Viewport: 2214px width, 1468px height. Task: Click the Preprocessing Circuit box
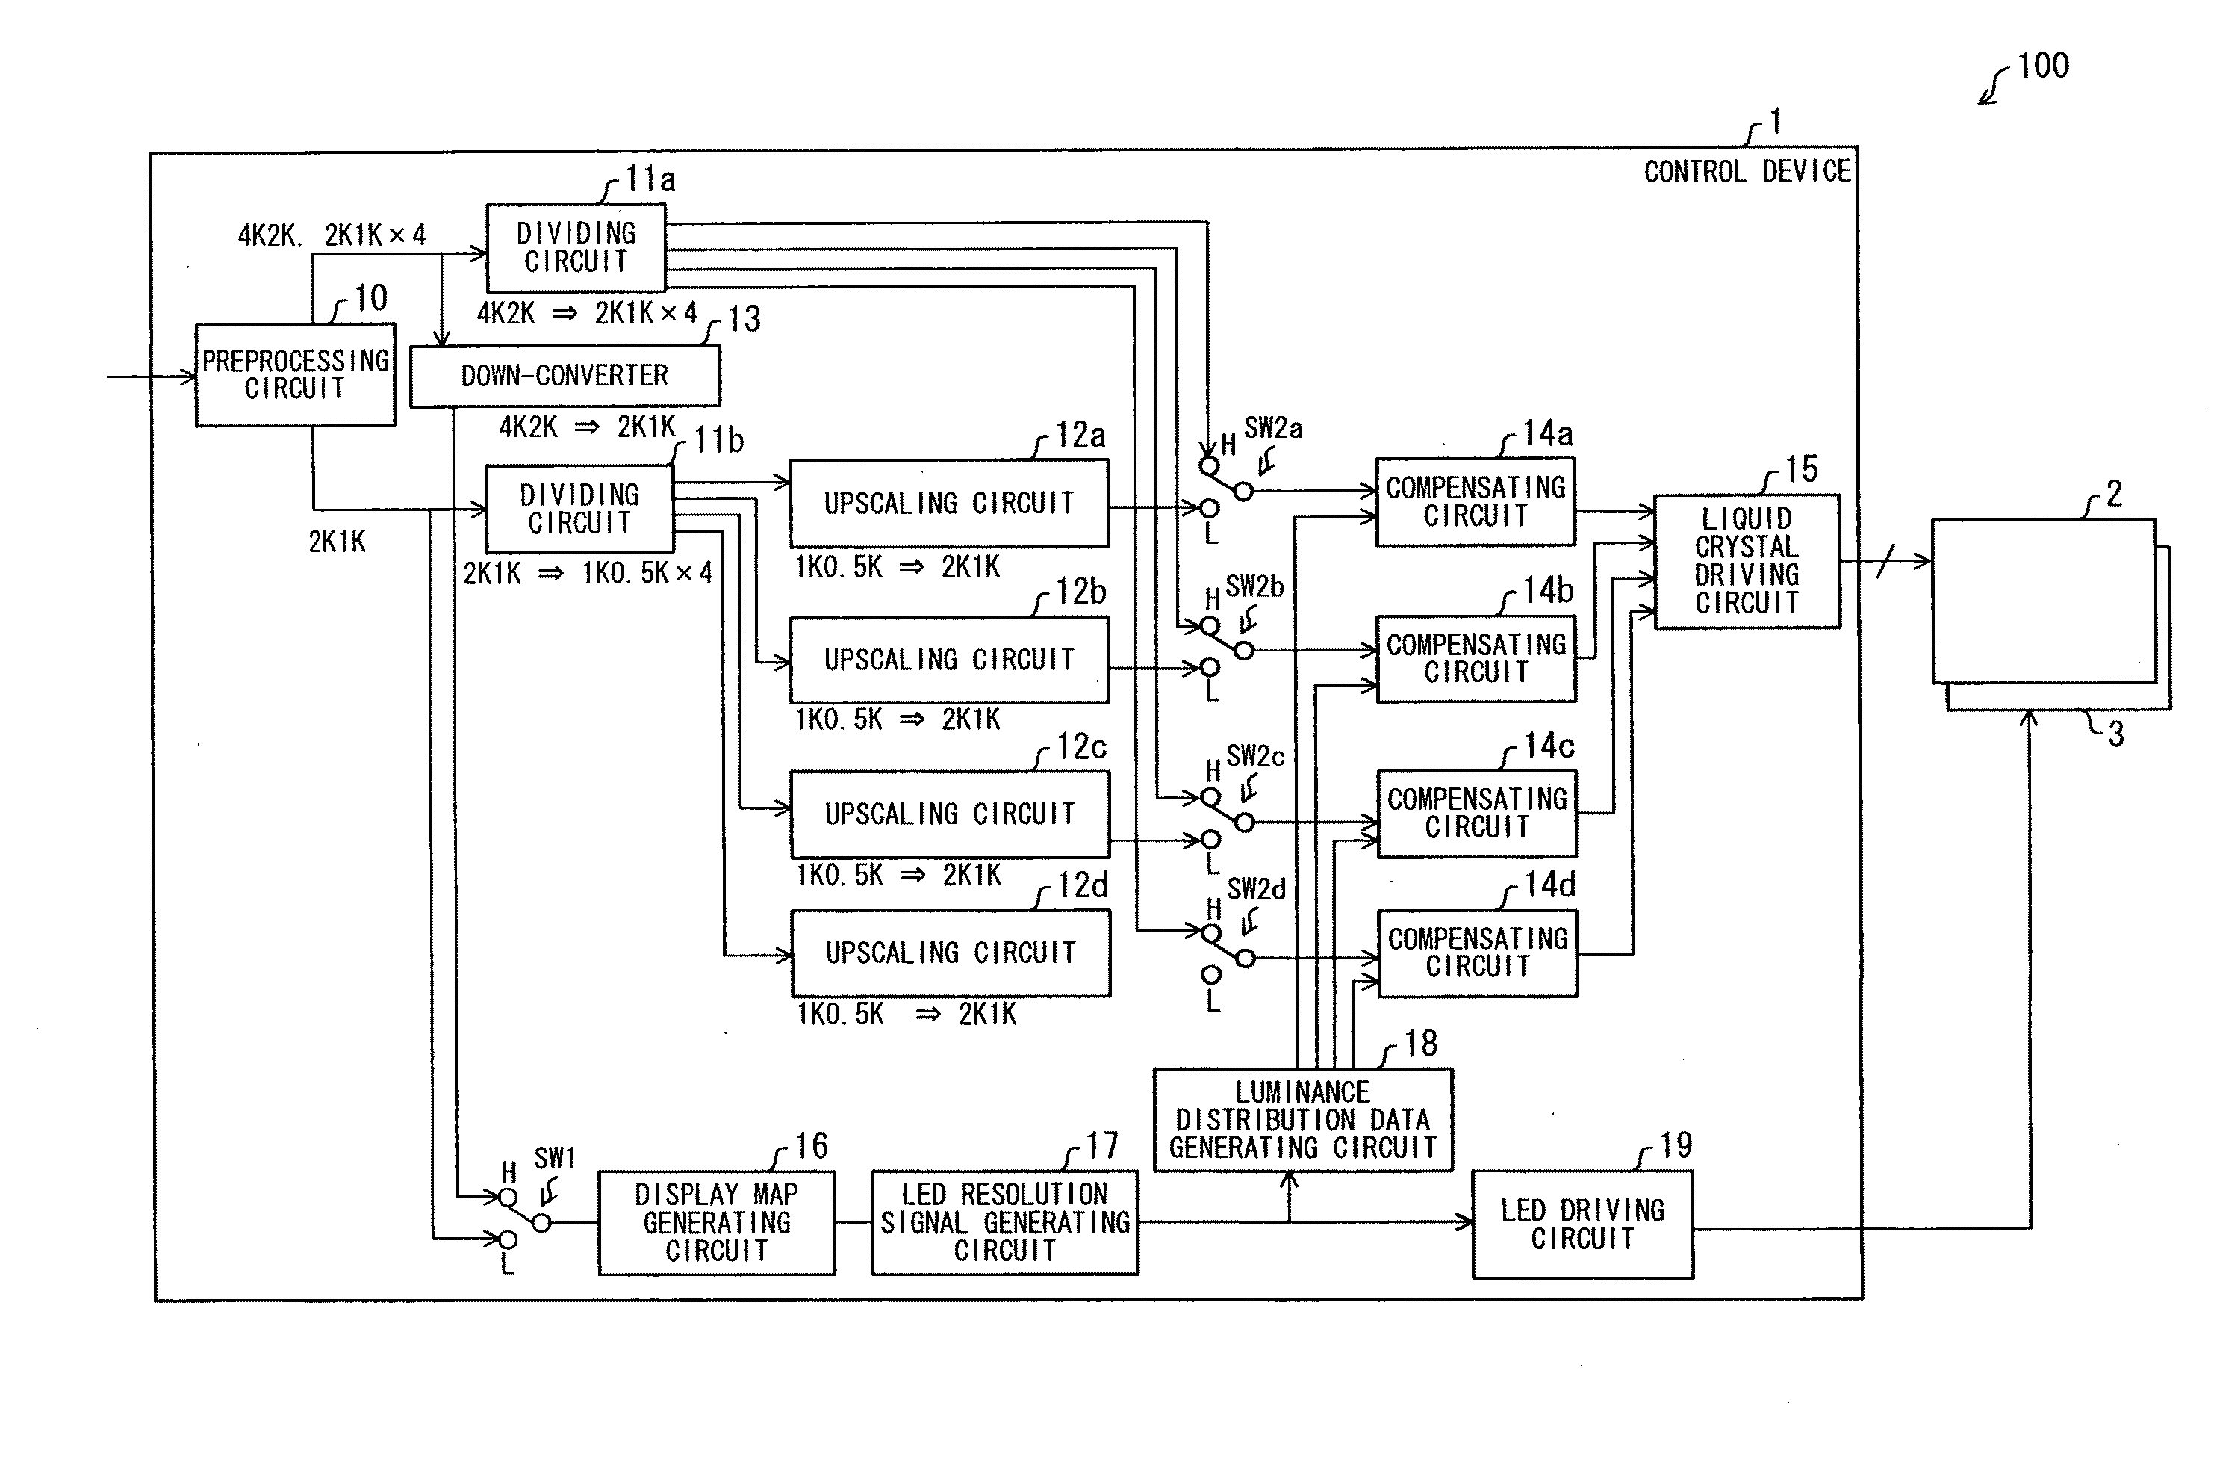coord(295,374)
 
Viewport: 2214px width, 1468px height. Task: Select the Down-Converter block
coord(565,376)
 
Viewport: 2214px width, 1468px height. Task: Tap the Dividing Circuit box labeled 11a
coord(576,247)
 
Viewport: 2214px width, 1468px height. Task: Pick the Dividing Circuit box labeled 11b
coord(579,508)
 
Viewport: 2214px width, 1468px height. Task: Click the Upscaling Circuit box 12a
coord(949,503)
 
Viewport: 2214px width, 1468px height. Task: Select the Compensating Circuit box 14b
coord(1476,658)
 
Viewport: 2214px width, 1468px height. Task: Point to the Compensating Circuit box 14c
coord(1477,813)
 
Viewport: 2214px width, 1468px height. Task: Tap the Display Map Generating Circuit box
coord(716,1221)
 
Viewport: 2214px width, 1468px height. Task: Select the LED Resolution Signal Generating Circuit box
coord(1004,1221)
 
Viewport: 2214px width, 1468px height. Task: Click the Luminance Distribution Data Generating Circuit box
coord(1302,1120)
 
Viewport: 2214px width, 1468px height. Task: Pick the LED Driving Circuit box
coord(1582,1224)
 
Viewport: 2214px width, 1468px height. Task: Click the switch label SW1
coord(554,1158)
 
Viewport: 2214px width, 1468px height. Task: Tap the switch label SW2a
coord(1272,428)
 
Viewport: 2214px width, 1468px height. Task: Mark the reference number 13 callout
coord(744,319)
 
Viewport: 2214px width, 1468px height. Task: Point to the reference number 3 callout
coord(2115,733)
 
